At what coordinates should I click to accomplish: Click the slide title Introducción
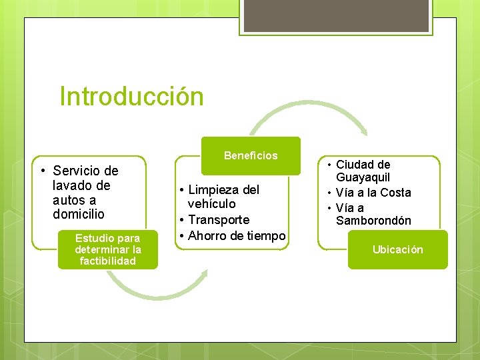pyautogui.click(x=131, y=96)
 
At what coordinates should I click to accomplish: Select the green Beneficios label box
pyautogui.click(x=251, y=156)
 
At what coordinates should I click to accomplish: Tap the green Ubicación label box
pyautogui.click(x=397, y=250)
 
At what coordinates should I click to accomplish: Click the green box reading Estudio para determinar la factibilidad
pyautogui.click(x=107, y=249)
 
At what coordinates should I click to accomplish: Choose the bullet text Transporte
pyautogui.click(x=218, y=219)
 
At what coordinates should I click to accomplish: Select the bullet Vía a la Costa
pyautogui.click(x=373, y=193)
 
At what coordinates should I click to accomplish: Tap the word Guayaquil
pyautogui.click(x=363, y=178)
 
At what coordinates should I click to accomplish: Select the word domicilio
pyautogui.click(x=79, y=215)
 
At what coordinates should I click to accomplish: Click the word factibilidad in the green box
pyautogui.click(x=107, y=261)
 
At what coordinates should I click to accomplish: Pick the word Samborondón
pyautogui.click(x=373, y=221)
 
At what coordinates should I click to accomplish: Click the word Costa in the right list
pyautogui.click(x=395, y=193)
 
